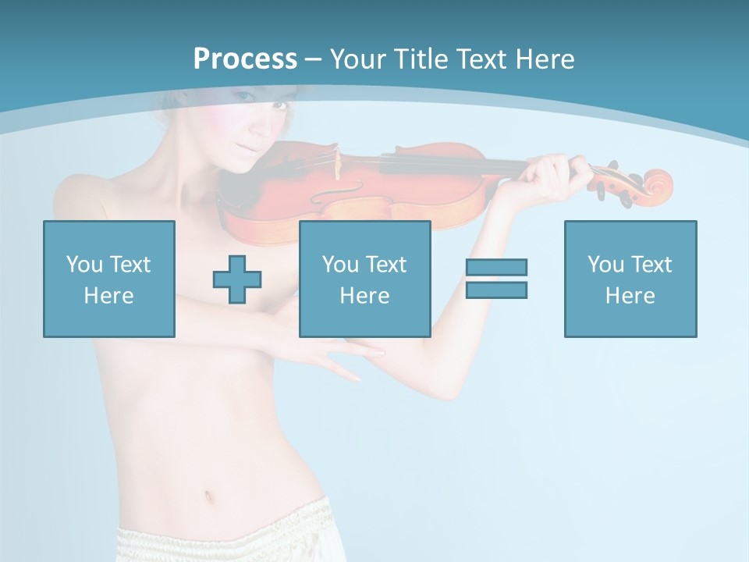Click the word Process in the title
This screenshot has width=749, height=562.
[245, 59]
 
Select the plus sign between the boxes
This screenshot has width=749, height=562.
[237, 279]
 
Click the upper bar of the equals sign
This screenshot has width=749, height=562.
[496, 267]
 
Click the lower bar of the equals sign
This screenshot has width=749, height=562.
[496, 290]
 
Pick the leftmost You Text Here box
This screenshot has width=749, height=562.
[109, 279]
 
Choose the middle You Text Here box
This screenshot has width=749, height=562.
[365, 279]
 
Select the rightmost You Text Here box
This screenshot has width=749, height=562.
[630, 279]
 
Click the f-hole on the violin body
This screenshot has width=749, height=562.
[351, 190]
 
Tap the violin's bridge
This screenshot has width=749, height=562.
[338, 162]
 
